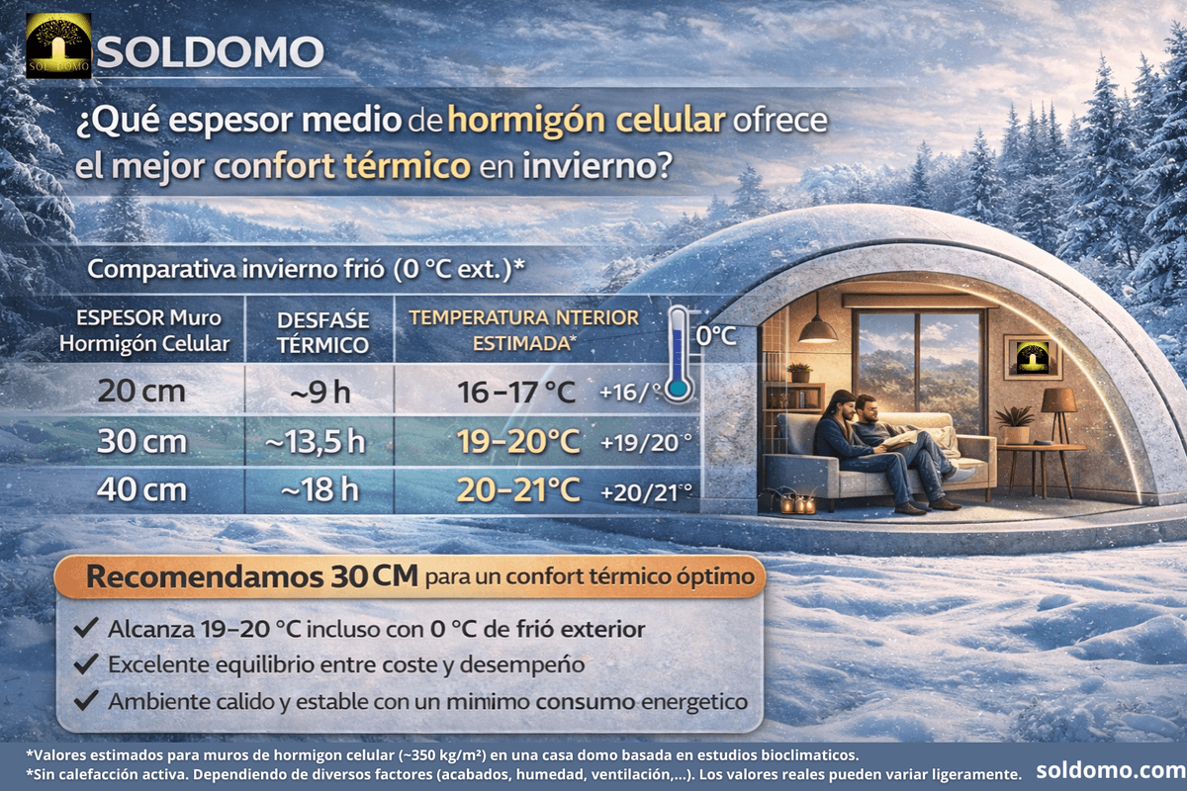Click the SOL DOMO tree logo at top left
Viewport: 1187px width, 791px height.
click(58, 46)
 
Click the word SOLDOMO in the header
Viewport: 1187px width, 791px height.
click(211, 52)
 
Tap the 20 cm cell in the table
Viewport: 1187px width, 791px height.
click(141, 391)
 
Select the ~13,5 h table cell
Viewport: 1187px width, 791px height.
click(316, 441)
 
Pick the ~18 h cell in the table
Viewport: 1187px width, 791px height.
click(320, 489)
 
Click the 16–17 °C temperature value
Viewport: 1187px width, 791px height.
click(516, 393)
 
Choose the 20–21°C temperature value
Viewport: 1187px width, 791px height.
click(518, 490)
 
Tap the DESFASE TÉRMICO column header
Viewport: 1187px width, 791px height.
click(322, 333)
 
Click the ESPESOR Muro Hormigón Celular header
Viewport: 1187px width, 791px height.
click(144, 330)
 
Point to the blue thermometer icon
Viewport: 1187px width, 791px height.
click(679, 353)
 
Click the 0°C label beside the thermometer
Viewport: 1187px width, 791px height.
click(716, 336)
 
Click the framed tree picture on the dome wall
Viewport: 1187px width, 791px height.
click(1033, 357)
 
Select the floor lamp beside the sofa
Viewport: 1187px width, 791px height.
click(1058, 441)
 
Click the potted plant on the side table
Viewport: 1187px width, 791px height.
click(1014, 424)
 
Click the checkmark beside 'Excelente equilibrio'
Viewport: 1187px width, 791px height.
click(86, 662)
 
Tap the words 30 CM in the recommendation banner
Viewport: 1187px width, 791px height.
click(374, 576)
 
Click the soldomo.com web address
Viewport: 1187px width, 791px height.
click(1111, 770)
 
